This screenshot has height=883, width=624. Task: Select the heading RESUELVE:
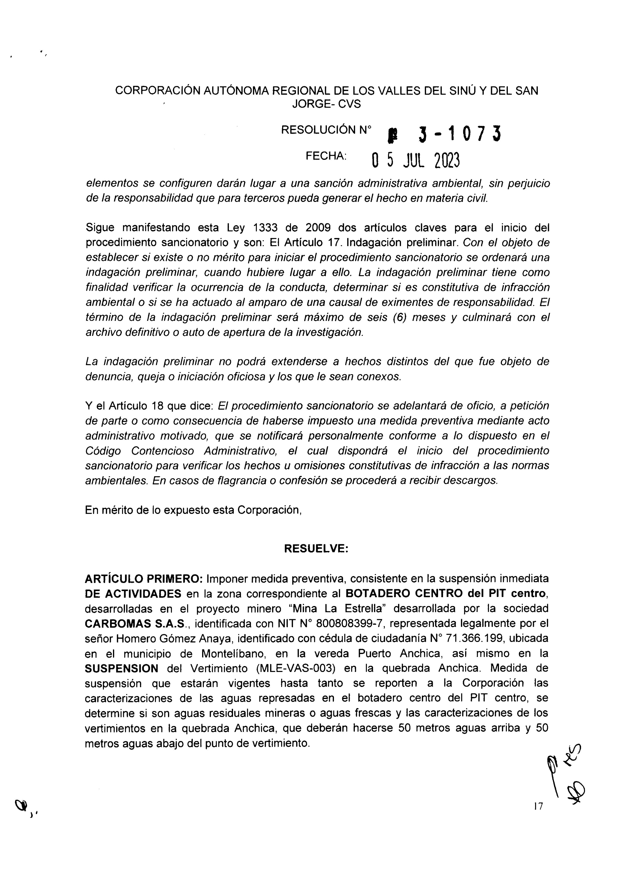[x=316, y=548]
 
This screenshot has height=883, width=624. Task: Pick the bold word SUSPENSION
[x=122, y=668]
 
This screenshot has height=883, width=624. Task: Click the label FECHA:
[x=326, y=156]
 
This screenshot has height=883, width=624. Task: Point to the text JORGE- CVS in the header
[x=327, y=104]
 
